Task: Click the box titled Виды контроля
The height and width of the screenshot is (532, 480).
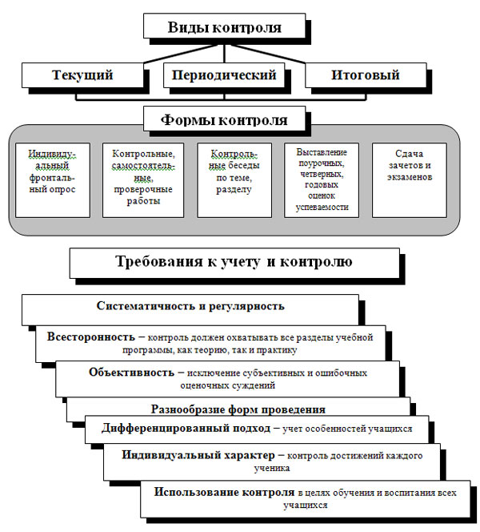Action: tap(224, 26)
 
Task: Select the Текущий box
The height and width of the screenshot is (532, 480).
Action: tap(82, 75)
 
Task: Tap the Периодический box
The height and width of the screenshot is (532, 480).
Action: tap(224, 75)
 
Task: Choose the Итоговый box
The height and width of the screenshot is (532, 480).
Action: tap(366, 75)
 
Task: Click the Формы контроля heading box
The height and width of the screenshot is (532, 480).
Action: tap(224, 119)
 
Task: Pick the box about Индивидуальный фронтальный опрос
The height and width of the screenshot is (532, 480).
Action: tap(53, 179)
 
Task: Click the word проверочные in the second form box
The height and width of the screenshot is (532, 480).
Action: tap(143, 189)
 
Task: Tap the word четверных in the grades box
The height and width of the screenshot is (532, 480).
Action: tap(321, 174)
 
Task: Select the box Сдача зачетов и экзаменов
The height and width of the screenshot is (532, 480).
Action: tap(410, 179)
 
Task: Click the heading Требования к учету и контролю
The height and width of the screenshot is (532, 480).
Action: tap(234, 263)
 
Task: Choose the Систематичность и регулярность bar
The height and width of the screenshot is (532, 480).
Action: tap(190, 309)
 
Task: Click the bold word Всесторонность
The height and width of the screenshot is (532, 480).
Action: tap(90, 337)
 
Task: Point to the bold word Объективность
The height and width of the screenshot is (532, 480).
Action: tap(131, 372)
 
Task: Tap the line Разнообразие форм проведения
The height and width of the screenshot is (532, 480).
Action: tap(238, 409)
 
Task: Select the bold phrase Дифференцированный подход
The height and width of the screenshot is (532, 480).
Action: tap(186, 428)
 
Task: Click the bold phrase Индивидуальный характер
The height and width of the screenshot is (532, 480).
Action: tap(198, 454)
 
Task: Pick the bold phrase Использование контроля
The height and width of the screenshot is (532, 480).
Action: tap(224, 492)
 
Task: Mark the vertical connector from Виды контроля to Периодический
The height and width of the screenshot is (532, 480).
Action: tap(224, 54)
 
